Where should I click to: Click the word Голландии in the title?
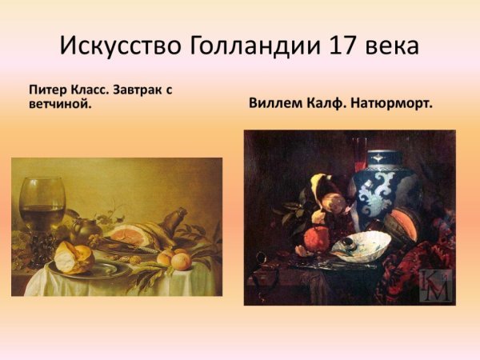(x=255, y=45)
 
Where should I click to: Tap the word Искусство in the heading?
(x=121, y=45)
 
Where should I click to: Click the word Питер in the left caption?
(x=46, y=90)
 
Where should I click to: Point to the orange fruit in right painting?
(x=318, y=239)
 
